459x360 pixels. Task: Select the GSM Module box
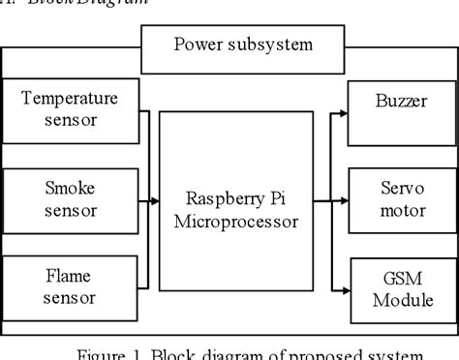(x=392, y=286)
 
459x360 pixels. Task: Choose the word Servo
(x=392, y=188)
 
